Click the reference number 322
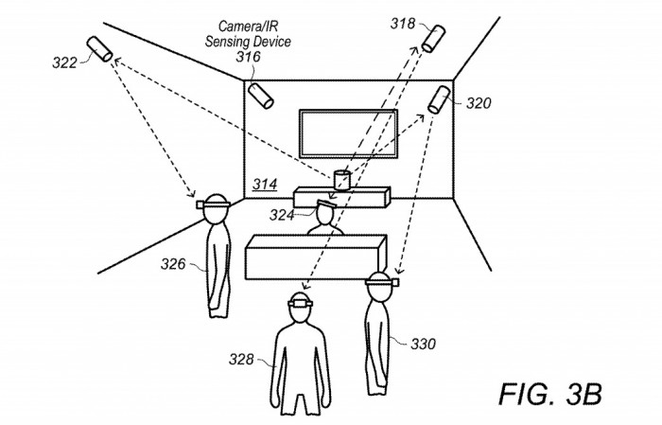point(64,62)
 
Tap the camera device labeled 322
point(99,48)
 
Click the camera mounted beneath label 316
point(260,95)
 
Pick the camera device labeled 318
point(433,38)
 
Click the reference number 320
point(479,103)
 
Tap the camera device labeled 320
point(440,98)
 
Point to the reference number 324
point(281,215)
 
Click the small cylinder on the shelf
point(341,179)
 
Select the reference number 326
point(172,264)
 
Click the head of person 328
point(302,308)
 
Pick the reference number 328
point(243,359)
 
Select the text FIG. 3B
point(550,392)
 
